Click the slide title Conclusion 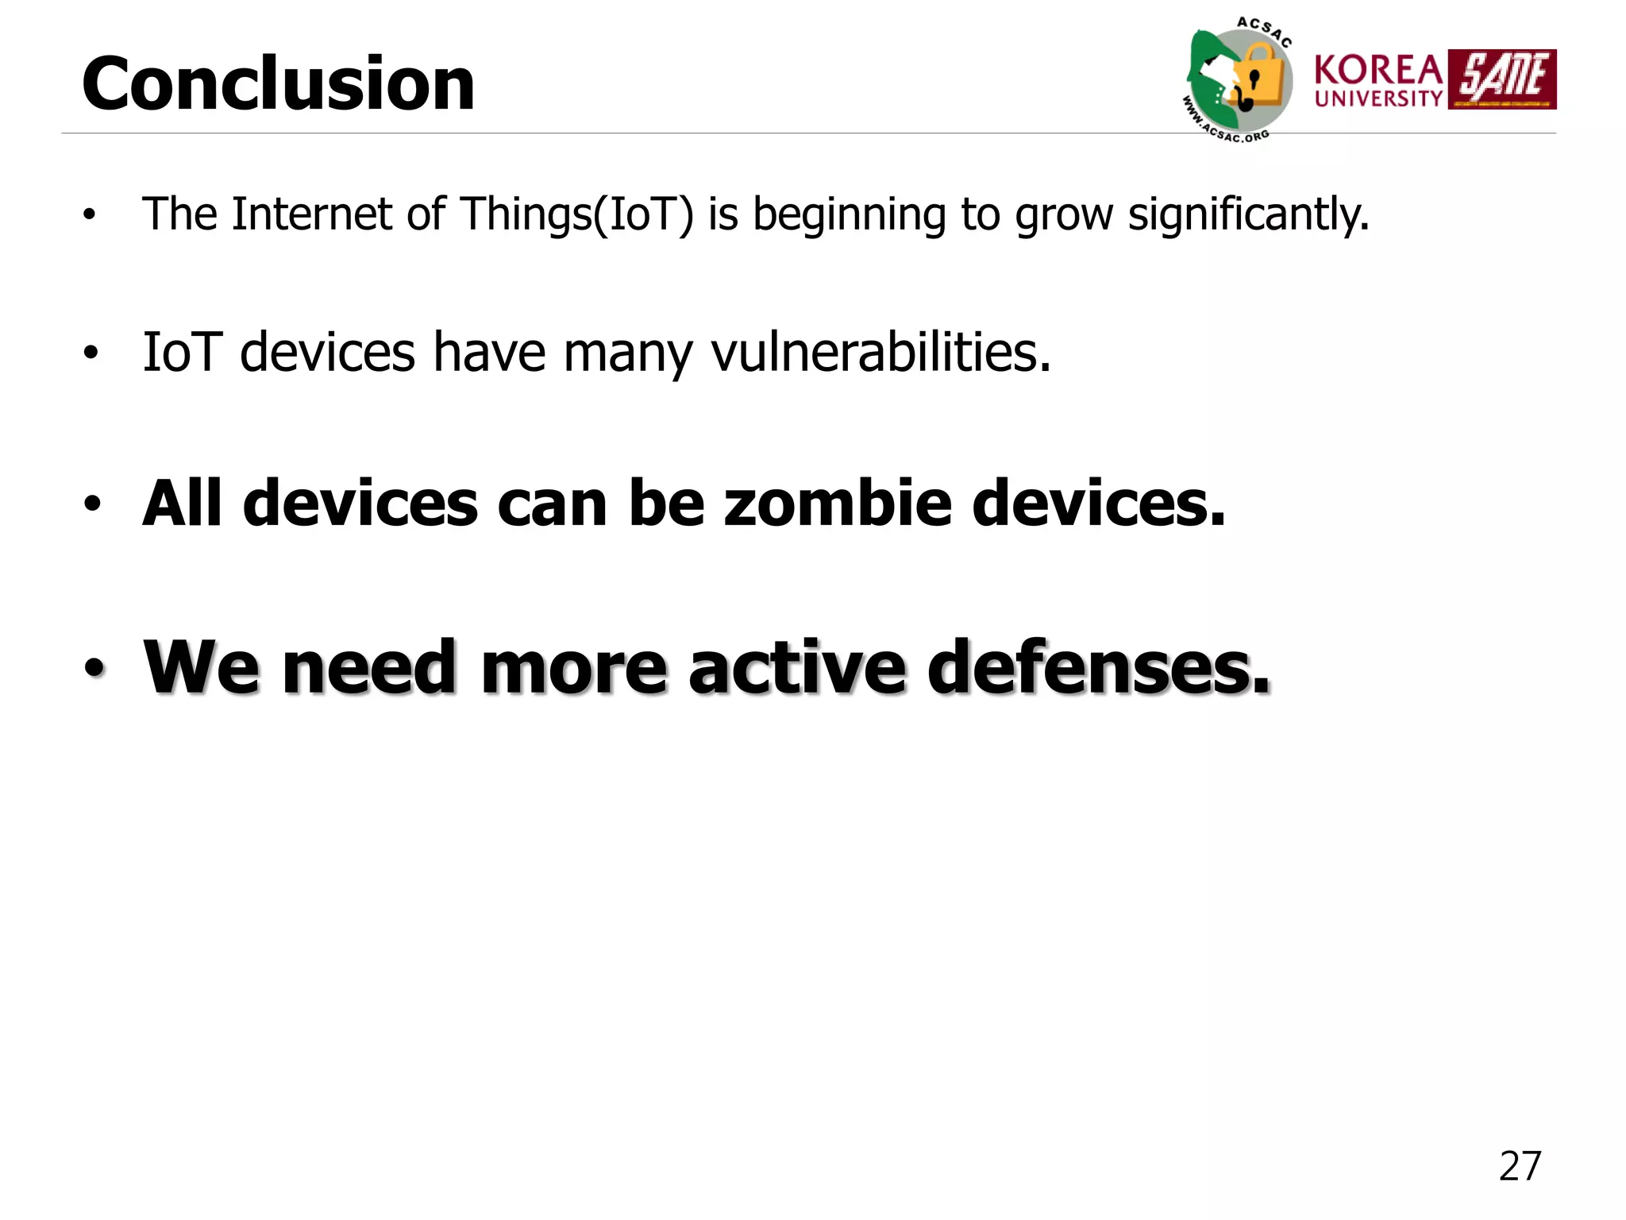pos(278,84)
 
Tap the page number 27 pos(1520,1166)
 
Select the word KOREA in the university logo pos(1378,70)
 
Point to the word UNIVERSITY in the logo pos(1378,98)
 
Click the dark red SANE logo pos(1502,79)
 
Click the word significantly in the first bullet pos(1248,214)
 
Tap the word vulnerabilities pos(880,353)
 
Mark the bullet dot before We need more pos(94,669)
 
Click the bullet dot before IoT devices pos(91,353)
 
